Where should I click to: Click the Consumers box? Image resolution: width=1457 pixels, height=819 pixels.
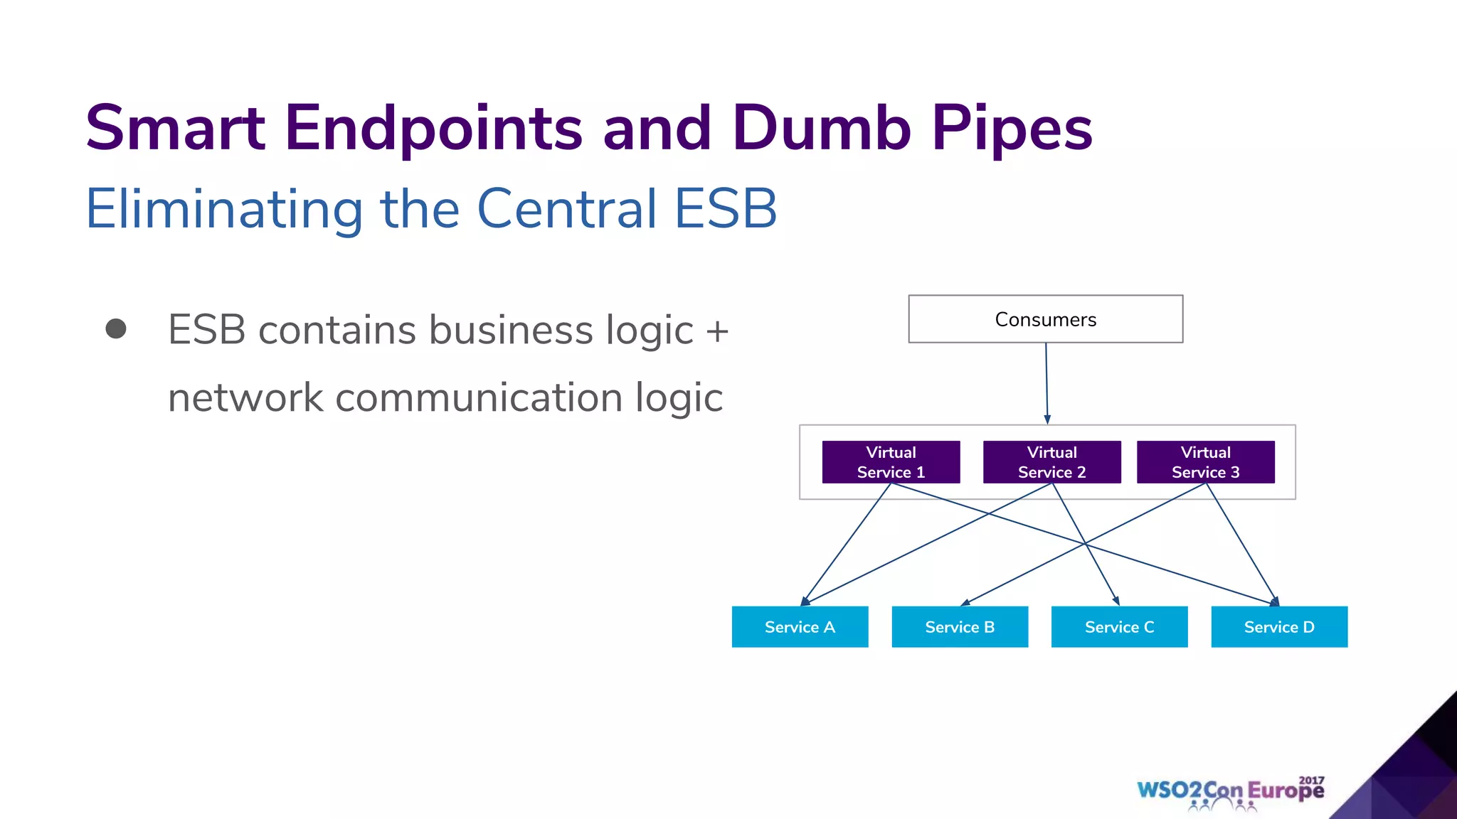point(1045,319)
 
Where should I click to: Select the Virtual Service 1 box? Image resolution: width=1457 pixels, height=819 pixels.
point(891,462)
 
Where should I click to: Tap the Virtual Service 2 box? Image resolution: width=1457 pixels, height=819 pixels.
point(1051,462)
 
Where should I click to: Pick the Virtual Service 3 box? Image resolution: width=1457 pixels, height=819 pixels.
point(1205,462)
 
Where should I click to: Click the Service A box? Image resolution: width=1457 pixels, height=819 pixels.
point(800,627)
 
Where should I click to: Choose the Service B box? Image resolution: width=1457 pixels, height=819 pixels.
point(960,627)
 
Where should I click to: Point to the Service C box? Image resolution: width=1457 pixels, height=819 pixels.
point(1119,627)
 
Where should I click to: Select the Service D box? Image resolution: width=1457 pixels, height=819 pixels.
point(1279,627)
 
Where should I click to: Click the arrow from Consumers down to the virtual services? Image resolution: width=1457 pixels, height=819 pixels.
point(1047,384)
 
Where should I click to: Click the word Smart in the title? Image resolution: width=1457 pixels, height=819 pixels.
point(175,128)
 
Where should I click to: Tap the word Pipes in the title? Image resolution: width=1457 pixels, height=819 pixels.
point(1012,128)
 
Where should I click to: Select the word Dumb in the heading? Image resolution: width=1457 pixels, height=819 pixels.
point(821,128)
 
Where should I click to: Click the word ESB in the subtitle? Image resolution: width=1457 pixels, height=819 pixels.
point(725,209)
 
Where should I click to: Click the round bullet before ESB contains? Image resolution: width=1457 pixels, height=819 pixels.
point(116,328)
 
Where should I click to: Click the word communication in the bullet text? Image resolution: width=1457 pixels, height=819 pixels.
point(479,397)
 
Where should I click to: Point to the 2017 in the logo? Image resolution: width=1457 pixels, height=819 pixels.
point(1311,781)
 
